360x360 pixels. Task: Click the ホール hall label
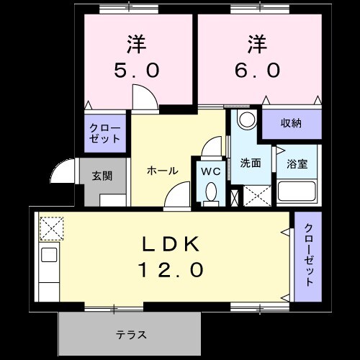(x=162, y=171)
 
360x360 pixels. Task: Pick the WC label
(x=210, y=171)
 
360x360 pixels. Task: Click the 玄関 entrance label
(x=102, y=175)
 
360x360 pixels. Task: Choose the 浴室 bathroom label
(x=297, y=163)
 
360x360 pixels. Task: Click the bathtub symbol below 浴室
(x=297, y=192)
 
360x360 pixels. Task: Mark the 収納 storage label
(x=291, y=123)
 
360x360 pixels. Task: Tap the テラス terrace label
(x=132, y=334)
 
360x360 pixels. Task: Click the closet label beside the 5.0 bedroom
(x=105, y=133)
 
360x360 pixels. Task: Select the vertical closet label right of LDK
(x=308, y=257)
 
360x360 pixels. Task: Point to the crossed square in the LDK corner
(x=50, y=229)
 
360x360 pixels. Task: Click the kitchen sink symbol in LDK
(x=49, y=254)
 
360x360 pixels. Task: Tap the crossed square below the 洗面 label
(x=256, y=196)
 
